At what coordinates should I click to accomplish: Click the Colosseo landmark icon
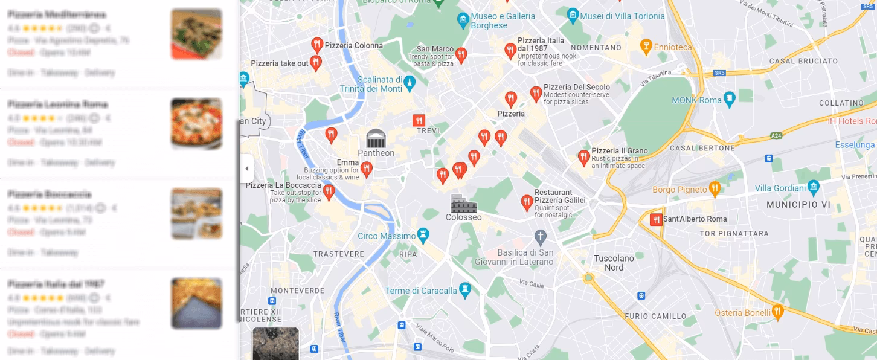(463, 204)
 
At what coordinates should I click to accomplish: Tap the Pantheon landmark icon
(376, 138)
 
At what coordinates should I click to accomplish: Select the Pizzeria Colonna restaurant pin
(317, 44)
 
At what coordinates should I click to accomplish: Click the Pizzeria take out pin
(316, 62)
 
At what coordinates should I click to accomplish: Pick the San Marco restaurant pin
(461, 55)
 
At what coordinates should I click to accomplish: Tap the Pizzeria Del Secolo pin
(536, 93)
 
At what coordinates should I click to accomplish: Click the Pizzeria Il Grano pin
(583, 157)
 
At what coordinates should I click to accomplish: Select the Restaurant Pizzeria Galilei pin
(527, 201)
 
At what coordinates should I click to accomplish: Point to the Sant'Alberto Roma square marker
(655, 219)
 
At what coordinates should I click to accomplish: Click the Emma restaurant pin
(367, 169)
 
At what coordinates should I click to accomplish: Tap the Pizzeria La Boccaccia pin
(329, 192)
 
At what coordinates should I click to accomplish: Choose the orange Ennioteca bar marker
(646, 46)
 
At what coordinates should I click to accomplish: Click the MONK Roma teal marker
(730, 98)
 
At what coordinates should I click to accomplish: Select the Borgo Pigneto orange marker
(715, 188)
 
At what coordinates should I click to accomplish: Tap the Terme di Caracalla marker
(464, 290)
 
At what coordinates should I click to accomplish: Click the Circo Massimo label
(387, 236)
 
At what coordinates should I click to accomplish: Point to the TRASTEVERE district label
(338, 254)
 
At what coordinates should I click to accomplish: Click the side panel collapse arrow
(246, 169)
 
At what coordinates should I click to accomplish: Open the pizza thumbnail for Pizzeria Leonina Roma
(196, 124)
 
